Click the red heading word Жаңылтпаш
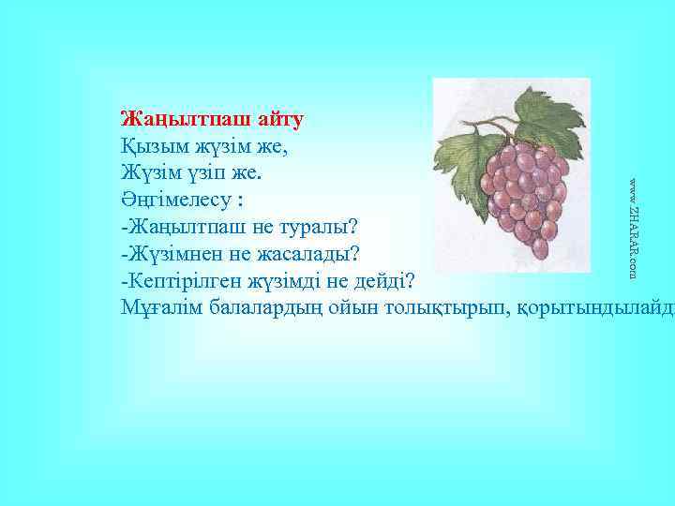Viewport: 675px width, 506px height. click(x=178, y=120)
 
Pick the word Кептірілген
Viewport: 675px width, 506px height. click(x=182, y=281)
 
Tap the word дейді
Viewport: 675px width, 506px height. click(x=389, y=281)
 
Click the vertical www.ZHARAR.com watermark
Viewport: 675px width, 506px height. click(x=634, y=226)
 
